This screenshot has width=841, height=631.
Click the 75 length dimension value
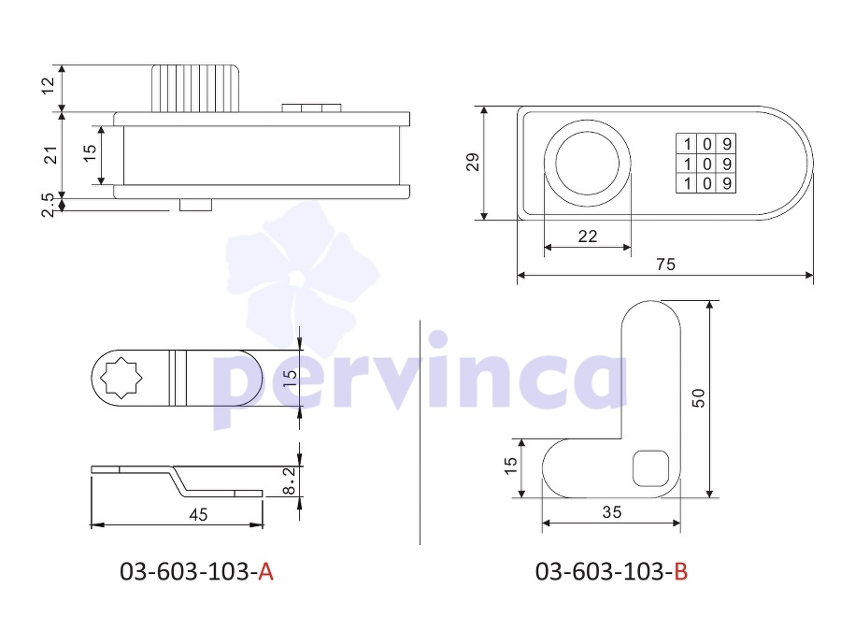[x=665, y=264]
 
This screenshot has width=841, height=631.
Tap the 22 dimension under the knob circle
[x=588, y=237]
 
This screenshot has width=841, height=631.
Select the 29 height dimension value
[x=473, y=162]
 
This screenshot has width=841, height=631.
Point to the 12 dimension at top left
[x=49, y=86]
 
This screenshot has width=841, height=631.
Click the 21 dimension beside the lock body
[x=50, y=154]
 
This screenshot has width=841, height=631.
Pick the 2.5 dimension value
[x=49, y=205]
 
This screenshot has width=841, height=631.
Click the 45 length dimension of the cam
[x=198, y=514]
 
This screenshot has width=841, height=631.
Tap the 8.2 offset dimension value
[x=289, y=480]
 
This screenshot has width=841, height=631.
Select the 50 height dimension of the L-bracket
[x=698, y=397]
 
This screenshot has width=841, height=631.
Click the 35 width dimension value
[x=611, y=512]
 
